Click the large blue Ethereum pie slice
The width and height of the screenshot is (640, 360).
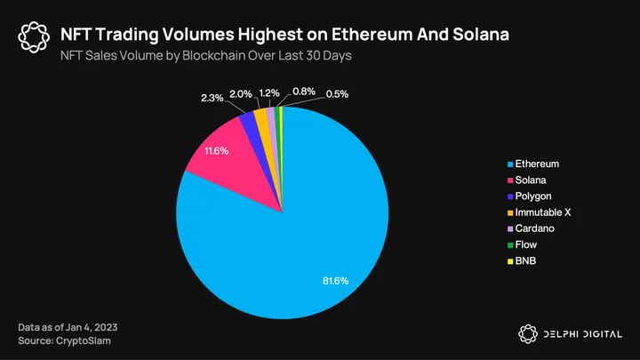[x=293, y=240]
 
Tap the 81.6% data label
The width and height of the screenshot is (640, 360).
[x=335, y=281]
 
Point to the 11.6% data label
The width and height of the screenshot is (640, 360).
[x=217, y=152]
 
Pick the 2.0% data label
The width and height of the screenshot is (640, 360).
[x=241, y=92]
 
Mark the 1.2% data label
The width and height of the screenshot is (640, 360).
[x=268, y=92]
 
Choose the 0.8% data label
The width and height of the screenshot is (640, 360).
[x=304, y=92]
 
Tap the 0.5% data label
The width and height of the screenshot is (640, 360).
[x=337, y=94]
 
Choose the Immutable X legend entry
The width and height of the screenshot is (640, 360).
[x=542, y=212]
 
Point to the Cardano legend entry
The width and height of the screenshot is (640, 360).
[x=535, y=228]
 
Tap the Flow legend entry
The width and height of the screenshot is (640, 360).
[x=527, y=244]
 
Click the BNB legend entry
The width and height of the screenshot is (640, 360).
[x=526, y=260]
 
